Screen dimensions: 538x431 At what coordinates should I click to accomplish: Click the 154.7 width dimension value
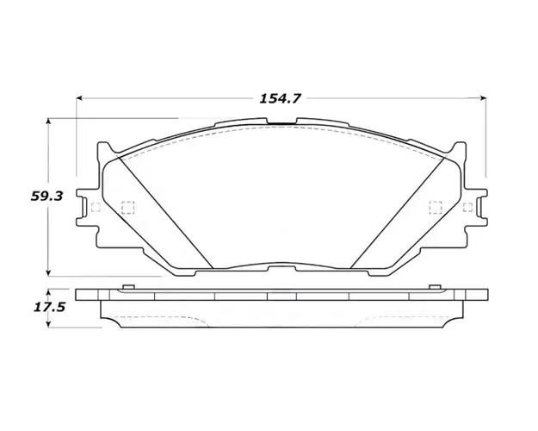pos(280,98)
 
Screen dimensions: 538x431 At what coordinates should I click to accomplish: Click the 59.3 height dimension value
pos(46,197)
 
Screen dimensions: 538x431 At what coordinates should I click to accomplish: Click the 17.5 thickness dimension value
pos(49,307)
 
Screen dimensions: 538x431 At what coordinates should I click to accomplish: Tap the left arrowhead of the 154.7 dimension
pos(79,98)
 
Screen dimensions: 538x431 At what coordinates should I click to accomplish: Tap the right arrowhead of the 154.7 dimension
pos(483,98)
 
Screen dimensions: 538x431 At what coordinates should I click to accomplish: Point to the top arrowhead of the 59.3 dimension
pos(49,122)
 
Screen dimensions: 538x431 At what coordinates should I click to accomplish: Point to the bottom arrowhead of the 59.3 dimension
pos(49,272)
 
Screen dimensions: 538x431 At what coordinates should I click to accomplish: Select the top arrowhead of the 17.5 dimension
pos(49,292)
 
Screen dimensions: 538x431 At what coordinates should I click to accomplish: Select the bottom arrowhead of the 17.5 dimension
pos(49,324)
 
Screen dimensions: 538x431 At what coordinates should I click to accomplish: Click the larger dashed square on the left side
pos(127,207)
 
